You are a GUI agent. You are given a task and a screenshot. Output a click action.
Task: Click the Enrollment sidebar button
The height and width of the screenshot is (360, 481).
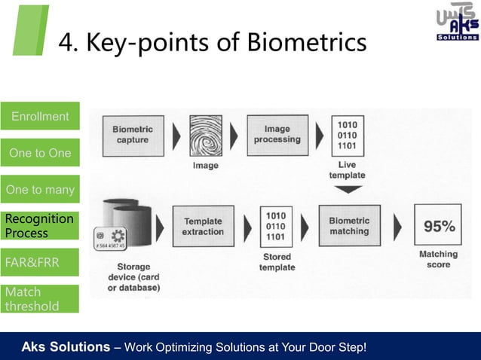tap(40, 117)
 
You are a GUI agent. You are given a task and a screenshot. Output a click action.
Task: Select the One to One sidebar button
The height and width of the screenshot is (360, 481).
tap(40, 154)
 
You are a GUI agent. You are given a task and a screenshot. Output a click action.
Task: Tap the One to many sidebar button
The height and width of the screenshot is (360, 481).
tap(40, 190)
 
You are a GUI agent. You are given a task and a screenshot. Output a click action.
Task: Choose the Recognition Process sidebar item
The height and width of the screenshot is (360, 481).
tap(40, 226)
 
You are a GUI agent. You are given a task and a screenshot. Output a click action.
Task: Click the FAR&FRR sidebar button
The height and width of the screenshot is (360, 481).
tap(40, 263)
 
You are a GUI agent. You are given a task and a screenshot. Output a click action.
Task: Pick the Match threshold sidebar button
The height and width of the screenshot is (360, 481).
tap(40, 299)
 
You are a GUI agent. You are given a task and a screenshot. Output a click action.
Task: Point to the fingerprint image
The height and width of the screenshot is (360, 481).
tap(206, 136)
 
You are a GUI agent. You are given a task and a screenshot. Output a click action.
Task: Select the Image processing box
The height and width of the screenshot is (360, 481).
tap(277, 135)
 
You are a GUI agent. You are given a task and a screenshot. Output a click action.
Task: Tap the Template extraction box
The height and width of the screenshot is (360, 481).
tap(203, 227)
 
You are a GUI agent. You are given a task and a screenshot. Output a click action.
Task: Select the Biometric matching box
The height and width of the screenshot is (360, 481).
tap(349, 226)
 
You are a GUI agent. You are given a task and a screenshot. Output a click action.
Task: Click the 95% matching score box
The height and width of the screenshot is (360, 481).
tap(438, 227)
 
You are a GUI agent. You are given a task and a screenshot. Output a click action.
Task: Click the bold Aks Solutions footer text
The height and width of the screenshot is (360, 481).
tap(66, 346)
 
